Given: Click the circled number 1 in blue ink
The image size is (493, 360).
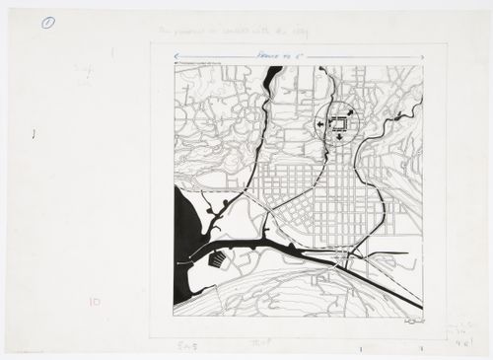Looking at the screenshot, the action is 47,21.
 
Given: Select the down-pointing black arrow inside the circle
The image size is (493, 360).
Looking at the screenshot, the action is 340,138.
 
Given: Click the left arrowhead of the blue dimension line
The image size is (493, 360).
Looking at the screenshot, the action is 174,58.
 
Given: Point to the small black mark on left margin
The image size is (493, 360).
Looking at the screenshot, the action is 35,132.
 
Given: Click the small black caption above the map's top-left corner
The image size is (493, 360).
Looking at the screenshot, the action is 202,67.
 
